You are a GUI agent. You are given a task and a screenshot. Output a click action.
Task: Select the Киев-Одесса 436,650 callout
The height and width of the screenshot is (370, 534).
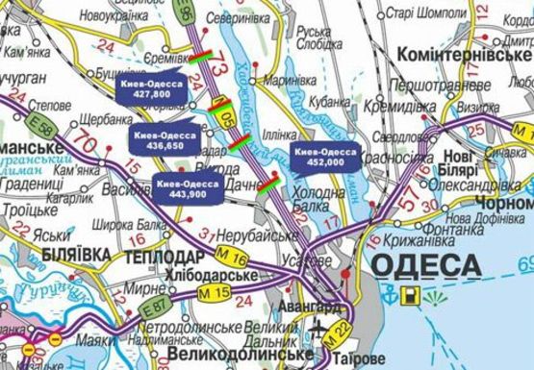click(x=165, y=139)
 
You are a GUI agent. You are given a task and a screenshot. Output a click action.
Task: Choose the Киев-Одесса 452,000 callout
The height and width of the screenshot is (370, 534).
click(x=322, y=158)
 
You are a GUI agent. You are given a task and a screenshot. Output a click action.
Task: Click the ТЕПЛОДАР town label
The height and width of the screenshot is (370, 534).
click(x=164, y=257)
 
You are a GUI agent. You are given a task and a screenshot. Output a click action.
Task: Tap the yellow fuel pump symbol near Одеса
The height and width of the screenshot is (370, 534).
click(x=412, y=295)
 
